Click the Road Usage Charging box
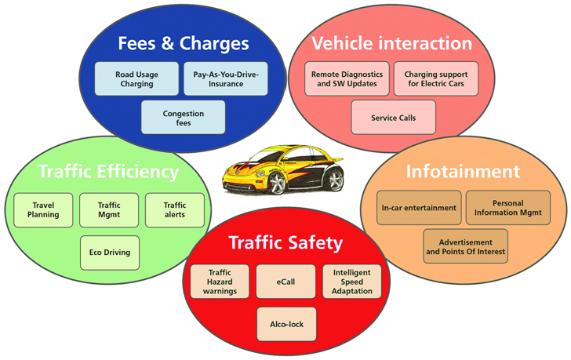pyautogui.click(x=136, y=78)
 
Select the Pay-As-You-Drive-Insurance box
pyautogui.click(x=226, y=78)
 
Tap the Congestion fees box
pyautogui.click(x=183, y=117)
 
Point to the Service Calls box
pyautogui.click(x=393, y=117)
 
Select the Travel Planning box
pyautogui.click(x=43, y=209)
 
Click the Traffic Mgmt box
pyautogui.click(x=109, y=209)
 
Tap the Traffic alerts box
pyautogui.click(x=175, y=209)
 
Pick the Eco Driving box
pyautogui.click(x=109, y=253)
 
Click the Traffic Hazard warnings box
pyautogui.click(x=219, y=281)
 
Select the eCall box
pyautogui.click(x=285, y=281)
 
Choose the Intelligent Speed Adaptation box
pyautogui.click(x=352, y=281)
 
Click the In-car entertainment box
pyautogui.click(x=419, y=208)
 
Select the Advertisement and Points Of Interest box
pyautogui.click(x=465, y=246)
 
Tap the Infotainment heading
pyautogui.click(x=462, y=171)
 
